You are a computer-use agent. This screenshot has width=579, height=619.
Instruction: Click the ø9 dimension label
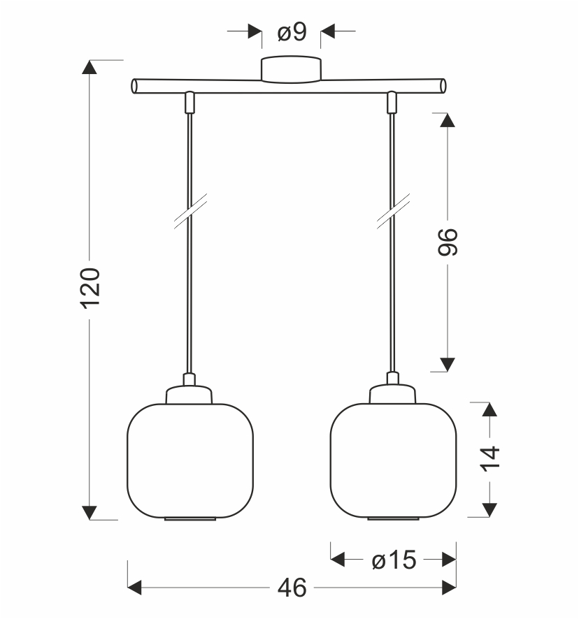point(292,32)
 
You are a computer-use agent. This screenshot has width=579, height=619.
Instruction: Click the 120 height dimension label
point(90,288)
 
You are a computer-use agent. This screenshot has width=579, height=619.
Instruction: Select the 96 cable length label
point(448,242)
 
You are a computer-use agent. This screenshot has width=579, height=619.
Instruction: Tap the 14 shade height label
point(490,459)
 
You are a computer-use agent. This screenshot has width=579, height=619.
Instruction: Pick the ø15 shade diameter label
point(394,560)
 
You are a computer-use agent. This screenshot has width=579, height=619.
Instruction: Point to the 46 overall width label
point(292,588)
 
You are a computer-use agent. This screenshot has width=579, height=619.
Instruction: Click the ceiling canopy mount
point(291,69)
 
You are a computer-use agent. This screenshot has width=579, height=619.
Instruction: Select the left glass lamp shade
point(190,460)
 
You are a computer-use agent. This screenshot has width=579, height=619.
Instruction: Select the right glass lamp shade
point(393,460)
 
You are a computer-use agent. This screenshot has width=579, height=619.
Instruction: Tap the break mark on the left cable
point(190,211)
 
